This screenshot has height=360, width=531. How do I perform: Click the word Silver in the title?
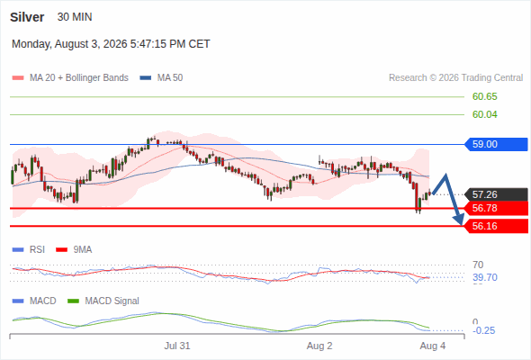click(x=27, y=17)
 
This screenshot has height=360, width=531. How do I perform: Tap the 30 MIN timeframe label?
click(x=75, y=17)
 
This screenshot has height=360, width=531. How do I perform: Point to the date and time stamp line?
click(x=111, y=44)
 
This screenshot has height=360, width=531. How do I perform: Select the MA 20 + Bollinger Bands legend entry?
click(x=70, y=78)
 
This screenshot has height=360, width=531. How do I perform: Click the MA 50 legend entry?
click(x=161, y=78)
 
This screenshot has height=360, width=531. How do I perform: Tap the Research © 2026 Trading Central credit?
click(x=455, y=78)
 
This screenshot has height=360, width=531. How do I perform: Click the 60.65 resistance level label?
click(x=484, y=96)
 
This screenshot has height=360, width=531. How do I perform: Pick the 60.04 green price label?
click(x=484, y=114)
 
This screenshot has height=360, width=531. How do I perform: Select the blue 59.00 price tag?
click(x=496, y=144)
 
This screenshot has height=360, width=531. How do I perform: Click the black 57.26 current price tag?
click(x=496, y=194)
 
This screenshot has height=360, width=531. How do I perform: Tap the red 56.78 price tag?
click(x=496, y=208)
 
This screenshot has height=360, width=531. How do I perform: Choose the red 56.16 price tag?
click(x=496, y=226)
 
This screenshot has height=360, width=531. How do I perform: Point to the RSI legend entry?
click(x=29, y=249)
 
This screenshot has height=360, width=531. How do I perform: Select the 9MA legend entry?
click(x=74, y=249)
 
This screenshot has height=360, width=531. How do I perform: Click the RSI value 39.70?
click(x=485, y=277)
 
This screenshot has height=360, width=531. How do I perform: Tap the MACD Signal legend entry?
click(x=103, y=301)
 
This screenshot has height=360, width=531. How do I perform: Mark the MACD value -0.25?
click(x=483, y=330)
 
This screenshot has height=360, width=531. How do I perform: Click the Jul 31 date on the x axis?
click(x=177, y=346)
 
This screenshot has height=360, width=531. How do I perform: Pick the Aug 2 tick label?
click(x=319, y=346)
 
